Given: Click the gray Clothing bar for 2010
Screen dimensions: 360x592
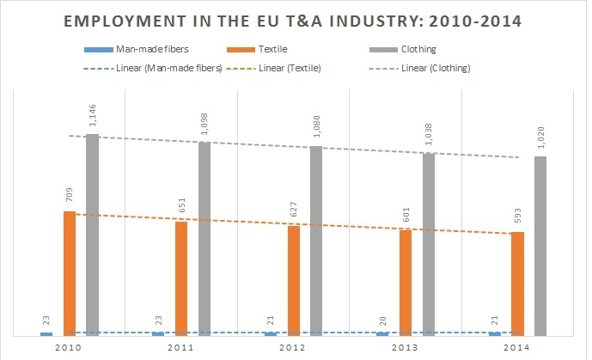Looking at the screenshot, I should coord(92,234).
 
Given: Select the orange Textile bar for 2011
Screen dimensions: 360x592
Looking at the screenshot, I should coord(181,278).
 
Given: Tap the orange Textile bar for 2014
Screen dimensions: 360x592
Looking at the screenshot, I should coord(517,283).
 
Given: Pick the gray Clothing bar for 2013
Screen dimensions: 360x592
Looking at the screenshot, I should coord(428,244).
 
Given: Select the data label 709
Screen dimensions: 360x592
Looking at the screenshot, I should coord(70,196).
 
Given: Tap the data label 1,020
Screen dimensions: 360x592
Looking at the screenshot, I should coord(540,137).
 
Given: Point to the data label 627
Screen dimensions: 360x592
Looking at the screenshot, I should coord(294,211).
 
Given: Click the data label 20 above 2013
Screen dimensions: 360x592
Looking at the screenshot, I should coord(382,319).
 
